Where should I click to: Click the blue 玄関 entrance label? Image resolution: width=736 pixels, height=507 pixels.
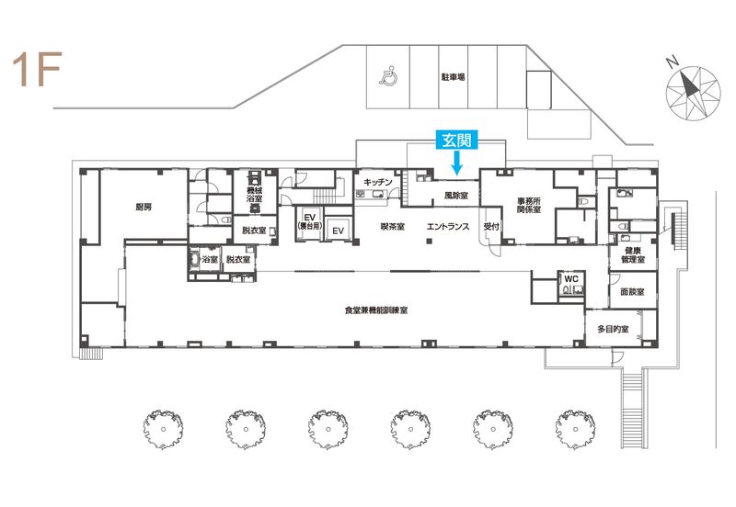[x=456, y=140]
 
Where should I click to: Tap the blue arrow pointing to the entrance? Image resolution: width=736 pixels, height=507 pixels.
[x=456, y=163]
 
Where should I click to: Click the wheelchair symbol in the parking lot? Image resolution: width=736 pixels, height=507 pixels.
[x=388, y=76]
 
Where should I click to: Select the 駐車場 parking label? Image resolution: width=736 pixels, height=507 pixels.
[x=453, y=77]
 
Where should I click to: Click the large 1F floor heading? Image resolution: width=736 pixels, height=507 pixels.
[x=37, y=70]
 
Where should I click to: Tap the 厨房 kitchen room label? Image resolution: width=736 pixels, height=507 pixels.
[x=144, y=207]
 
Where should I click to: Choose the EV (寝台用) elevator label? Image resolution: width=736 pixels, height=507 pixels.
[x=309, y=221]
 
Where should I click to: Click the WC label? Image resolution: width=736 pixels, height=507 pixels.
[x=571, y=279]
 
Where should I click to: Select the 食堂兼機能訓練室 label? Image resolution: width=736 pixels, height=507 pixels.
[x=376, y=310]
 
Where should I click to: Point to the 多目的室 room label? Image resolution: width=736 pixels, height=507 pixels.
[x=613, y=330]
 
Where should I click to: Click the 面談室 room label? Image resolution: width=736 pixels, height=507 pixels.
[x=632, y=292]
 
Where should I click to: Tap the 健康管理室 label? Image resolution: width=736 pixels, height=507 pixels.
[x=633, y=255]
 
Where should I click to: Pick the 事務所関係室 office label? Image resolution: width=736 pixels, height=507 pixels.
[x=529, y=205]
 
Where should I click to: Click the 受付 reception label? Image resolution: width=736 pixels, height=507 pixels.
[x=491, y=226]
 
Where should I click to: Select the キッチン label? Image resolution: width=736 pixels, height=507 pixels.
[x=377, y=182]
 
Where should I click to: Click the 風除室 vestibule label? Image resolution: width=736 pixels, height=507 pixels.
[x=455, y=195]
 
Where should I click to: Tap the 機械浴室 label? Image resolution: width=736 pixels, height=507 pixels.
[x=254, y=195]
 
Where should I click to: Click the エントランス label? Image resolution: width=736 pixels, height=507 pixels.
[x=448, y=227]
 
